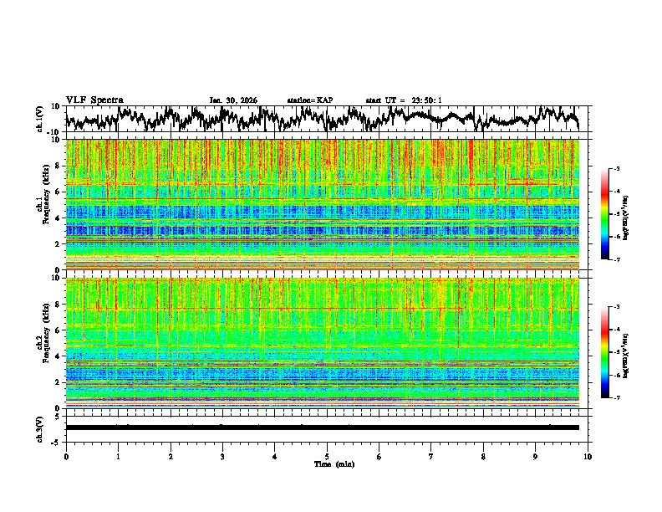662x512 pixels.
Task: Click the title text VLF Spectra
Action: pos(94,100)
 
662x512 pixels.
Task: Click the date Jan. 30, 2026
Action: pos(233,100)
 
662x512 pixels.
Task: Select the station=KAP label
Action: pos(310,100)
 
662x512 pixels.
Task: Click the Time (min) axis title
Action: pos(327,463)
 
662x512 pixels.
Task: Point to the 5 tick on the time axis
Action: pos(327,456)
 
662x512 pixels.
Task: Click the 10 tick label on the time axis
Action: pos(588,456)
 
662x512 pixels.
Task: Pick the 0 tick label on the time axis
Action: pos(66,456)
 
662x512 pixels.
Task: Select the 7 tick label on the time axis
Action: pos(431,456)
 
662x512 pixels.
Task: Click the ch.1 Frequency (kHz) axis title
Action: pos(43,204)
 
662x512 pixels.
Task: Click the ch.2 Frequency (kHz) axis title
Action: pos(43,343)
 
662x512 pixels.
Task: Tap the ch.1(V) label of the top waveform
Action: pos(41,119)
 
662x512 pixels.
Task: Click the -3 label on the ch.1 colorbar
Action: pos(615,169)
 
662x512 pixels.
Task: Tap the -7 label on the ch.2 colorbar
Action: pos(615,398)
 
